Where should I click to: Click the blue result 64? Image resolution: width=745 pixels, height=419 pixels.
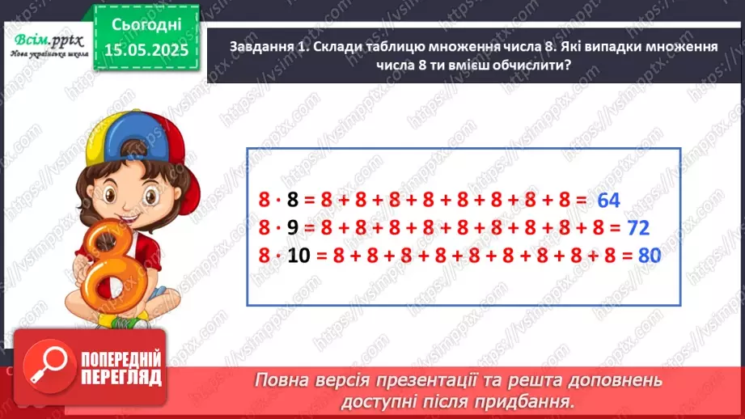612,200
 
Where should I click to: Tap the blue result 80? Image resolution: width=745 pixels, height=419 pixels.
650,256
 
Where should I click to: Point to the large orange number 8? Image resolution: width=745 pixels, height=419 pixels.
104,267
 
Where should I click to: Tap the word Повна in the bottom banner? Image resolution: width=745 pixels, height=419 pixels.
285,379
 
